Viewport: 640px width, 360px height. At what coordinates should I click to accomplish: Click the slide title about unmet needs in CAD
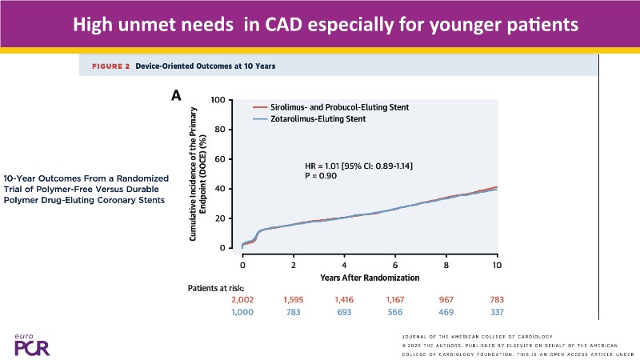click(325, 25)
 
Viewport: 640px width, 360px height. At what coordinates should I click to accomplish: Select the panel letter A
click(179, 96)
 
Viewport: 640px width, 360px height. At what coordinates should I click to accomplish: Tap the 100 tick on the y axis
click(216, 100)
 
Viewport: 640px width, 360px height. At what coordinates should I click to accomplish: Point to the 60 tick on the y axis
click(218, 159)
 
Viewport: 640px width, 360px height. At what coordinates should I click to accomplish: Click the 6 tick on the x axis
click(395, 264)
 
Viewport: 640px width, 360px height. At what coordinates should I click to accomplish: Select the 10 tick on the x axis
click(496, 264)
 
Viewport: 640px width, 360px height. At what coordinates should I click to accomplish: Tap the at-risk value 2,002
click(242, 299)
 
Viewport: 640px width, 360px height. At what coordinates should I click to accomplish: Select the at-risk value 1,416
click(344, 299)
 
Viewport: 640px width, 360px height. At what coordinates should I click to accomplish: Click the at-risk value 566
click(395, 312)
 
